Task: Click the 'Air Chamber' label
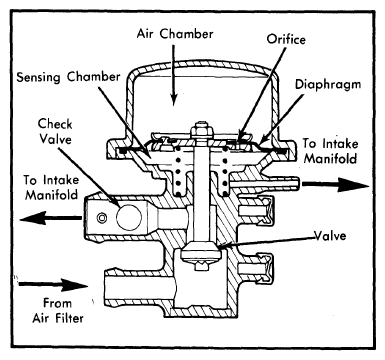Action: (175, 34)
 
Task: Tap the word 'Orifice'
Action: (286, 39)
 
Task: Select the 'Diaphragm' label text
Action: (328, 85)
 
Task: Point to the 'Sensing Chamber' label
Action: (68, 77)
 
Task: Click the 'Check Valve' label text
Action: (55, 131)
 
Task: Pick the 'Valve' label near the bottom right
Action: (330, 236)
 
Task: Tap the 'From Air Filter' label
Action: (58, 311)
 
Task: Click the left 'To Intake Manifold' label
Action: (51, 187)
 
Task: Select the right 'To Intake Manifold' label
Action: (330, 151)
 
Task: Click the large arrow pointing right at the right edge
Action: (335, 184)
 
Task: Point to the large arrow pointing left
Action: (50, 219)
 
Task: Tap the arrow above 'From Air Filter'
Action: (53, 284)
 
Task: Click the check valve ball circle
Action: (129, 217)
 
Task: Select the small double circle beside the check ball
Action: (102, 218)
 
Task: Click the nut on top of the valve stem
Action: (200, 129)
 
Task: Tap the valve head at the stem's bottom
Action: (200, 253)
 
